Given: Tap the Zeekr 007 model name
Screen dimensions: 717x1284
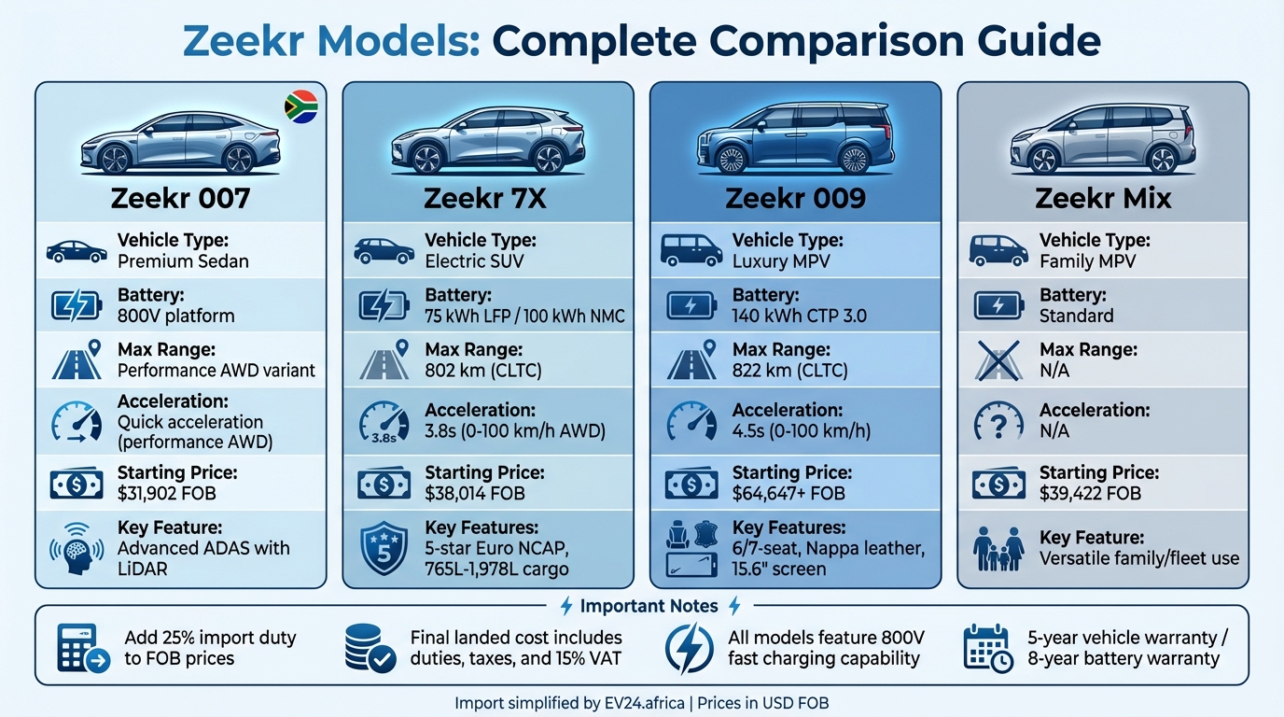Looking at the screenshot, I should click(180, 199).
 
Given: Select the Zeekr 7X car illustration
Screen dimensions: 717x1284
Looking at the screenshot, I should click(488, 140).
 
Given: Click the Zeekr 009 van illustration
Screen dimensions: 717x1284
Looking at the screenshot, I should click(795, 138).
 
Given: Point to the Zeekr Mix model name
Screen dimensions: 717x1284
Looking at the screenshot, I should click(1103, 199).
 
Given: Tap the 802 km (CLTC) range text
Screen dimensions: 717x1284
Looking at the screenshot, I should click(483, 370).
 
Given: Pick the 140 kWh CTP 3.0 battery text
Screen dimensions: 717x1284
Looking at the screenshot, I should click(800, 316).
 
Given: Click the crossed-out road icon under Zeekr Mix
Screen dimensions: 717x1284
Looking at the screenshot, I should click(998, 360).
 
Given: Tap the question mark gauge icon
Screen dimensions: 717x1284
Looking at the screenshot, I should click(998, 421).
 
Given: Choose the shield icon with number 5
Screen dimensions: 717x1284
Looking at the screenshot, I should click(384, 548).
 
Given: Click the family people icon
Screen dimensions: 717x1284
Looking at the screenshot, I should click(998, 548).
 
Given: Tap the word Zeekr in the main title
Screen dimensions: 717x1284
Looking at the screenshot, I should click(250, 42).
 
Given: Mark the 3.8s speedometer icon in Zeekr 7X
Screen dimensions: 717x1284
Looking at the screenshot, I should click(384, 421).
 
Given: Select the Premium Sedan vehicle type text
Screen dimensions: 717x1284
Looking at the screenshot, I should click(183, 260).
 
